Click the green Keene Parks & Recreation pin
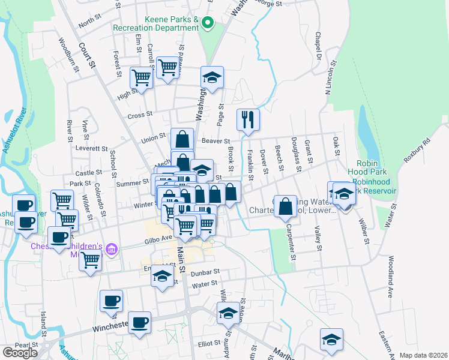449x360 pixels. pos(208,24)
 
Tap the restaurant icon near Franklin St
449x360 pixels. pos(247,119)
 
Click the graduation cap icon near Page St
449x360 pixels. pos(212,77)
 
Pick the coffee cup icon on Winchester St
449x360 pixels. pos(139,323)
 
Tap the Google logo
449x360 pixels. pos(20,352)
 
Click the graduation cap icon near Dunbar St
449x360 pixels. pos(161,276)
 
